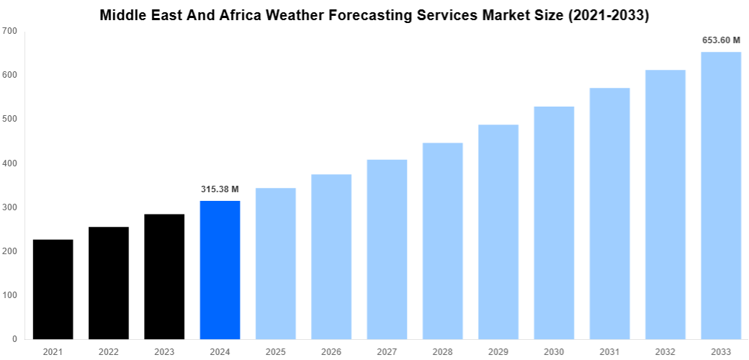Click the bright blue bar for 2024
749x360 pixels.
[220, 270]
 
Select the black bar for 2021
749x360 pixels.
[53, 289]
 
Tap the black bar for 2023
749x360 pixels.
[164, 276]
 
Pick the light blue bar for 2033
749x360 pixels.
[721, 195]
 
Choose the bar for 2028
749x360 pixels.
[442, 240]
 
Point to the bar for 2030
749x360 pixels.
[554, 222]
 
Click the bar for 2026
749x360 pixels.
[331, 256]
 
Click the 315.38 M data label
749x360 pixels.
[219, 189]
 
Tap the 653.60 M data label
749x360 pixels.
[721, 40]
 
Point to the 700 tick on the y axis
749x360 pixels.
[10, 31]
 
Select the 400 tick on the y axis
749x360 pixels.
[10, 163]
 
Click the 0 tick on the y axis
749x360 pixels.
[15, 339]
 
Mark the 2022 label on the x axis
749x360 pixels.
[109, 352]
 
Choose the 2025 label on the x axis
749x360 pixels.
[275, 352]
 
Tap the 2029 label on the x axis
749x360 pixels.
[498, 352]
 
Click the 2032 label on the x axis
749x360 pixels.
[665, 352]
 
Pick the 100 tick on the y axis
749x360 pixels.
[10, 295]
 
